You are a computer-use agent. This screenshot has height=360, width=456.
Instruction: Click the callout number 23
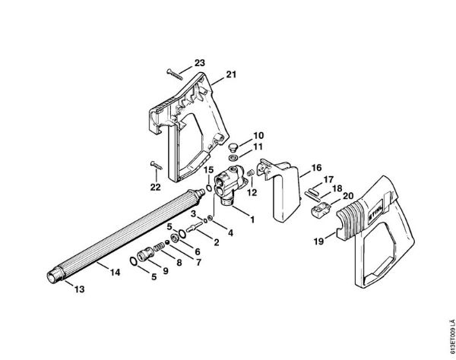coord(199,63)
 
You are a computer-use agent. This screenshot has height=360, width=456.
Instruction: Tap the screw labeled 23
coord(175,74)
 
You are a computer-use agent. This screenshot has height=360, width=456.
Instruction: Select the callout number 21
coord(231,74)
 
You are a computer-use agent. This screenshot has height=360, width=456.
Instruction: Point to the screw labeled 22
coord(157,166)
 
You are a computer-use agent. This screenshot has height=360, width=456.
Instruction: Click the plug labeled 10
coord(233,147)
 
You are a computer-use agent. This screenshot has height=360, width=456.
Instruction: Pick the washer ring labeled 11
coord(233,158)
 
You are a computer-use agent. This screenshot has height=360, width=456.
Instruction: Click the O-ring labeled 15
coord(209,188)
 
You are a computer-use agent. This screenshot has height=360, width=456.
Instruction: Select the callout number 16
coord(316,168)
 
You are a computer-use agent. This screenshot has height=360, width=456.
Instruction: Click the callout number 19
coord(318,242)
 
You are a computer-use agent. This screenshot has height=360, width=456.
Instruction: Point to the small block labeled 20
coord(321,210)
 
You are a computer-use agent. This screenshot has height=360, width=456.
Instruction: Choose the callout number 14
coord(115,272)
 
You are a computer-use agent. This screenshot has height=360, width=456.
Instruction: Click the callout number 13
coord(79,289)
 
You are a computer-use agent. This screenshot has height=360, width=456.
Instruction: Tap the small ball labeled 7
coord(167,242)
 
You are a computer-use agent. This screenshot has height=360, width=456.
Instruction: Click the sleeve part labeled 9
coord(144,254)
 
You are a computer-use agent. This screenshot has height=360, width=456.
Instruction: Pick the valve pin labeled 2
coord(194,226)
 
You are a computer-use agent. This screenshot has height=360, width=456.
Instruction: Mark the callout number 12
coord(252,192)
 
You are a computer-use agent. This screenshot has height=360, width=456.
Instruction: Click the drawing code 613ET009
coord(451,338)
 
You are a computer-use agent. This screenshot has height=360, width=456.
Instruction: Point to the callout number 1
coord(252,219)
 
